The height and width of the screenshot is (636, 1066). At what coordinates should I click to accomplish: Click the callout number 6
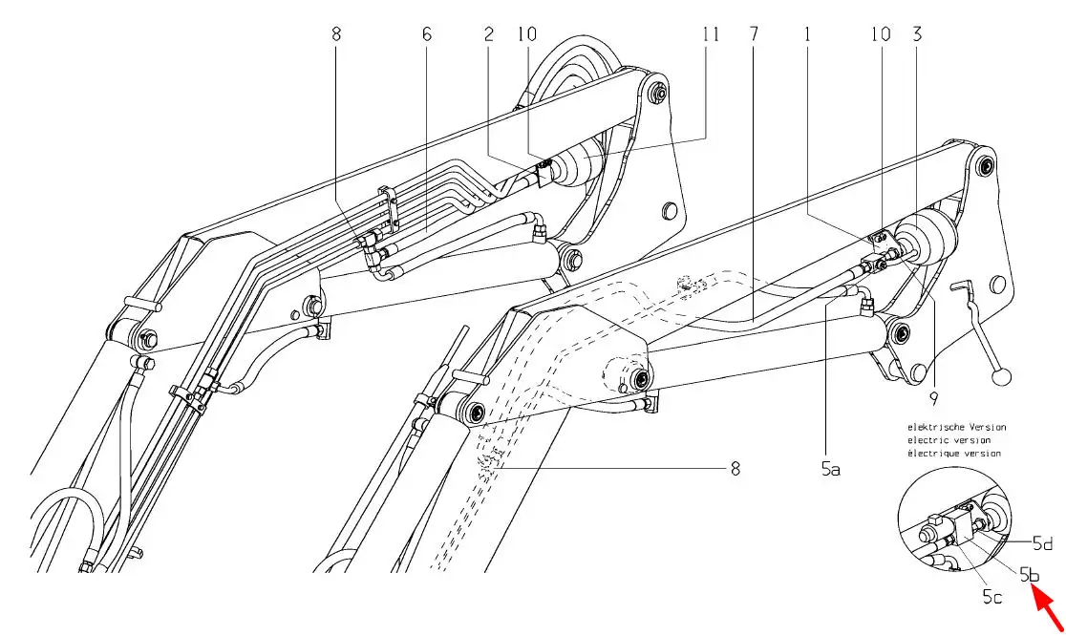[x=427, y=34]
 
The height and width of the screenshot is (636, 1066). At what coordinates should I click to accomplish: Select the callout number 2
[x=489, y=34]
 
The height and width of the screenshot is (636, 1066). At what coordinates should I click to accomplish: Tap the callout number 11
[x=709, y=34]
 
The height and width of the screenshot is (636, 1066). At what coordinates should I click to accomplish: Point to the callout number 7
[x=755, y=34]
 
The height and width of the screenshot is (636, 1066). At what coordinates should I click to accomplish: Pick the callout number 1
[x=808, y=34]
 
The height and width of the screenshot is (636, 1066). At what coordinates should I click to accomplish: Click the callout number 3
[x=917, y=34]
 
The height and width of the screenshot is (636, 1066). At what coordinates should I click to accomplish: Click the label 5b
[x=1030, y=576]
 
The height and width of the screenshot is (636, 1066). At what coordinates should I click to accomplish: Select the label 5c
[x=992, y=598]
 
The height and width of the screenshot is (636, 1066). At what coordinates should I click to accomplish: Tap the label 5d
[x=1043, y=543]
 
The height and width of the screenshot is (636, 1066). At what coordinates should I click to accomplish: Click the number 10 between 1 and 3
[x=880, y=34]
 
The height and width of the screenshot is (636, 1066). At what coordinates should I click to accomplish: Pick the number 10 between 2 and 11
[x=526, y=34]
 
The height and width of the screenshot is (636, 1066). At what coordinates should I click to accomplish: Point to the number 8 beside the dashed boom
[x=734, y=468]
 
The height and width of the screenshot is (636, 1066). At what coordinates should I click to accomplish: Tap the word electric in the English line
[x=929, y=440]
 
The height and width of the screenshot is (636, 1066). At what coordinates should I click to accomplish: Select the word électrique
[x=932, y=454]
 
